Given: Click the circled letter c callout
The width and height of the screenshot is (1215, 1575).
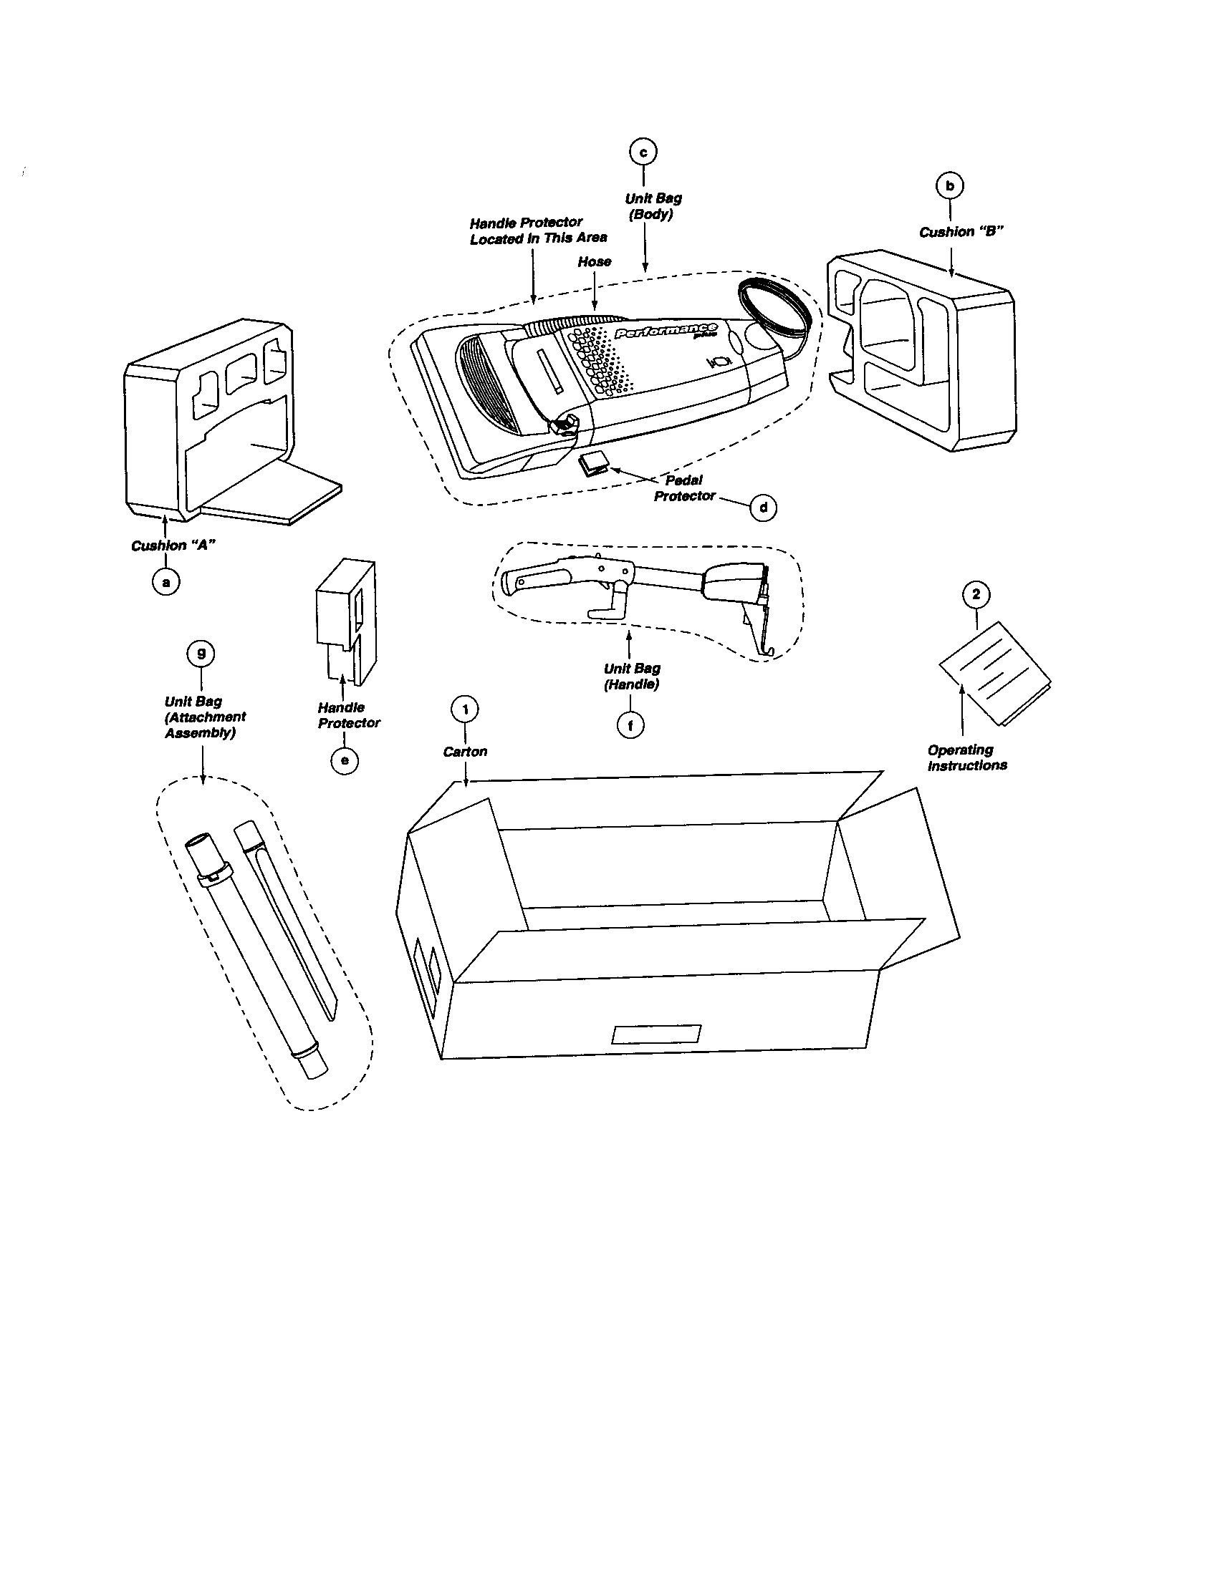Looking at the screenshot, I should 643,152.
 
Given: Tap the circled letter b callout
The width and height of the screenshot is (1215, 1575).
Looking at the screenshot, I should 949,186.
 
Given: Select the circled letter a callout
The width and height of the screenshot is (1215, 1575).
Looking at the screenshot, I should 166,581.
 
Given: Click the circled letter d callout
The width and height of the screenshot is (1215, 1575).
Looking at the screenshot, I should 764,508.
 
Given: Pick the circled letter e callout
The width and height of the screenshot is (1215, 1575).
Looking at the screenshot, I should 344,760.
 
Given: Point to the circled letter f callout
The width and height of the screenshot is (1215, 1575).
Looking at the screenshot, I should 630,725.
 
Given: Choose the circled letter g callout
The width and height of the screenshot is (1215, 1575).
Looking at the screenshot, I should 201,654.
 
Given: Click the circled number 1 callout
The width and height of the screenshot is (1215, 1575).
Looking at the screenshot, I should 466,709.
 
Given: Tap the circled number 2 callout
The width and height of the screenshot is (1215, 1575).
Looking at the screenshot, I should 976,594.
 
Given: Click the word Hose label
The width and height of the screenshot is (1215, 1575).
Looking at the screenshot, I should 594,262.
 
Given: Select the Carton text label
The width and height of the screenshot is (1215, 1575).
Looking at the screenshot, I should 465,752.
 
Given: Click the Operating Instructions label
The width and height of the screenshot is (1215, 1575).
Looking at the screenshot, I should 966,758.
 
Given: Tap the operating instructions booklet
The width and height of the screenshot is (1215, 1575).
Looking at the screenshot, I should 994,673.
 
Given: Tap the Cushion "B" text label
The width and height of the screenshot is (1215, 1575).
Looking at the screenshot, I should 961,232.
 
